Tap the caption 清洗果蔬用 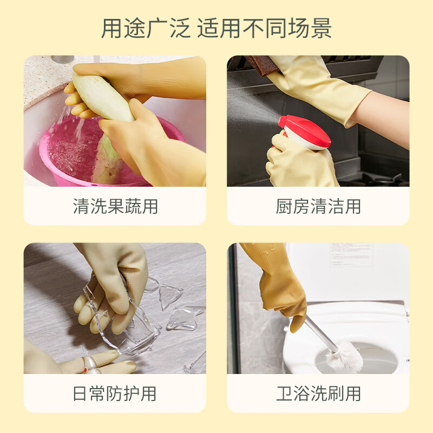click(115, 206)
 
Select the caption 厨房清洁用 click(318, 206)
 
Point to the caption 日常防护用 click(115, 393)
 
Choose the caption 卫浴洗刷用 click(318, 393)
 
